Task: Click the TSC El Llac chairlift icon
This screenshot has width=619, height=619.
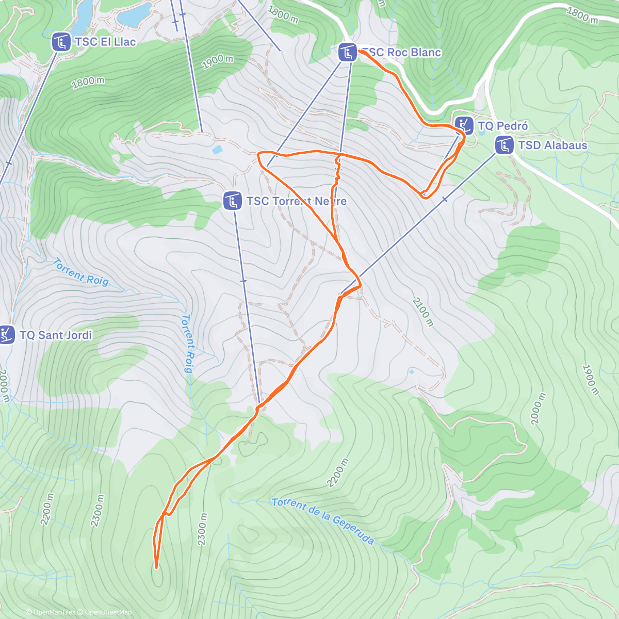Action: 61,42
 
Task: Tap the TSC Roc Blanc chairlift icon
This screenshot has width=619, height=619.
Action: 347,52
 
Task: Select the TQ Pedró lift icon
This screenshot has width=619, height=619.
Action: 464,125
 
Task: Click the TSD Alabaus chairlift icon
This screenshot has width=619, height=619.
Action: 504,145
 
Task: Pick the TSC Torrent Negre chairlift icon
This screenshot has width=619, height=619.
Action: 233,201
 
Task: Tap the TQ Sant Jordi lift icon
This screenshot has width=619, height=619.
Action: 6,335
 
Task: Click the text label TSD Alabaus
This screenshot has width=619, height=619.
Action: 552,145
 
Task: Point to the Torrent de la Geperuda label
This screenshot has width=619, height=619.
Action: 322,520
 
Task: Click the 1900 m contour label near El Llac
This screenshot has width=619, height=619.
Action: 217,62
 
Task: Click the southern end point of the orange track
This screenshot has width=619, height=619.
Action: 156,567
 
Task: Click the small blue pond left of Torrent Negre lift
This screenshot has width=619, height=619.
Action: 217,150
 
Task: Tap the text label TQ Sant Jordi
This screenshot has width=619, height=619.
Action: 56,335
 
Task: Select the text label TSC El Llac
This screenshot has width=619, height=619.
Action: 105,42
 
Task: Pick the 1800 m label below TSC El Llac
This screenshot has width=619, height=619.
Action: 88,82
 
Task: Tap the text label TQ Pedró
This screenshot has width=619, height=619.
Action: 502,126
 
